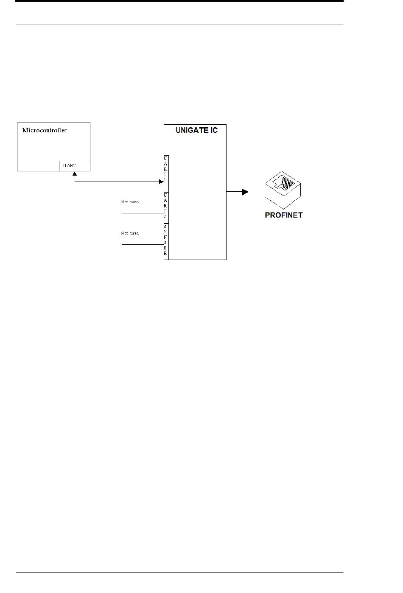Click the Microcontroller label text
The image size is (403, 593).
click(44, 130)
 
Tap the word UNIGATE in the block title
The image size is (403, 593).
click(190, 130)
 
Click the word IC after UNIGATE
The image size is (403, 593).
click(213, 130)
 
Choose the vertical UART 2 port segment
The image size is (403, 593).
click(166, 207)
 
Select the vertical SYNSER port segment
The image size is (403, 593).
click(166, 241)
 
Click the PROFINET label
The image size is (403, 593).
click(283, 215)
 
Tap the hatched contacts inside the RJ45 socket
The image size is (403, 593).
click(288, 183)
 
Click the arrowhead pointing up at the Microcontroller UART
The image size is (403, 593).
click(75, 173)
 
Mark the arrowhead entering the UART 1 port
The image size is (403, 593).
click(161, 182)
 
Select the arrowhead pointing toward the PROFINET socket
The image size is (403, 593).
click(245, 192)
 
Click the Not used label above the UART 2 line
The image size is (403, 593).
click(129, 202)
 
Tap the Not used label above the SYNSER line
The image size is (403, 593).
click(129, 233)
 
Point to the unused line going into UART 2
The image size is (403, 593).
click(143, 213)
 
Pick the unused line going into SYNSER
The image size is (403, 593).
click(143, 245)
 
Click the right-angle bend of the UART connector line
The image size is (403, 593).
click(75, 182)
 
